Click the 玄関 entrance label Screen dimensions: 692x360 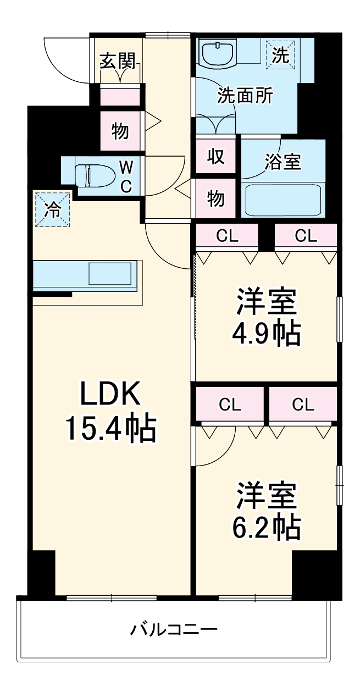[x=117, y=62]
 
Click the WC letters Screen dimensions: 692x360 [x=126, y=176]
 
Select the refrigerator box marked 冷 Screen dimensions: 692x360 [x=53, y=209]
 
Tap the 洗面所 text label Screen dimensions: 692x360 [x=245, y=96]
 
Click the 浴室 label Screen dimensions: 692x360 [x=284, y=162]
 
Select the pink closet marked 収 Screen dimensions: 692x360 [x=215, y=157]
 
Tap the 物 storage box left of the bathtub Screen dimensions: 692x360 [x=215, y=198]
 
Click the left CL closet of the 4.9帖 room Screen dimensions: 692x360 [x=227, y=236]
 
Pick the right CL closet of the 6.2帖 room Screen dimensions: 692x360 [x=303, y=405]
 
